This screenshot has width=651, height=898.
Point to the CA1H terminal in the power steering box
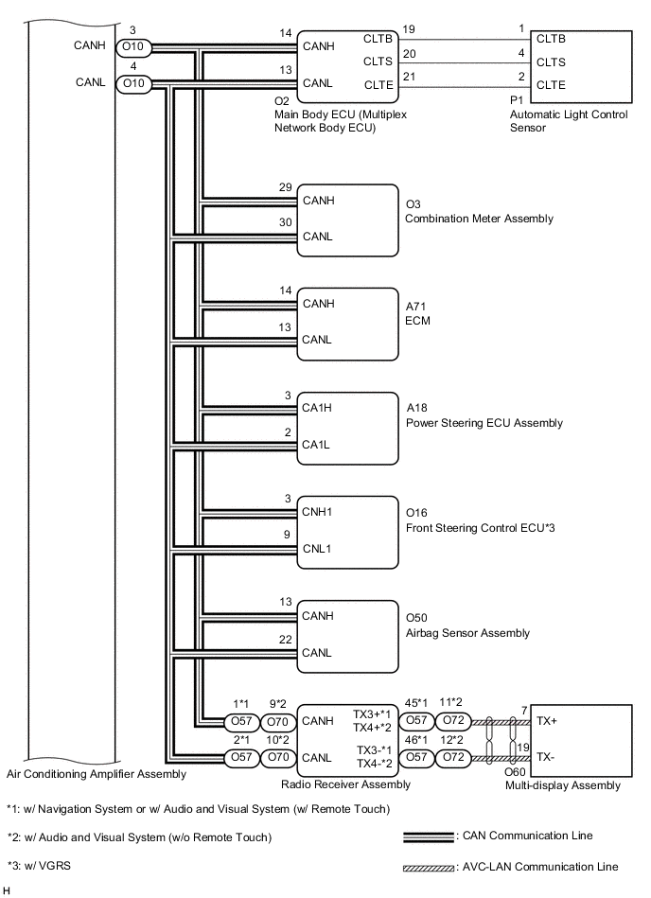[x=316, y=408]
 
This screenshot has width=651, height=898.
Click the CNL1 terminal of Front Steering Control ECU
[x=317, y=548]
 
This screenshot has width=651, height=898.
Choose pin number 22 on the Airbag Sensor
[x=287, y=640]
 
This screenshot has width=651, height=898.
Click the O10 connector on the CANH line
[x=132, y=46]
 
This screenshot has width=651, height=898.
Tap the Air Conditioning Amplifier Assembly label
[x=97, y=774]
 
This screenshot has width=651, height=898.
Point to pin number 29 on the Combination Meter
[x=286, y=188]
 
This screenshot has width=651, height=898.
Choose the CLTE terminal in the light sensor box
[x=551, y=85]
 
